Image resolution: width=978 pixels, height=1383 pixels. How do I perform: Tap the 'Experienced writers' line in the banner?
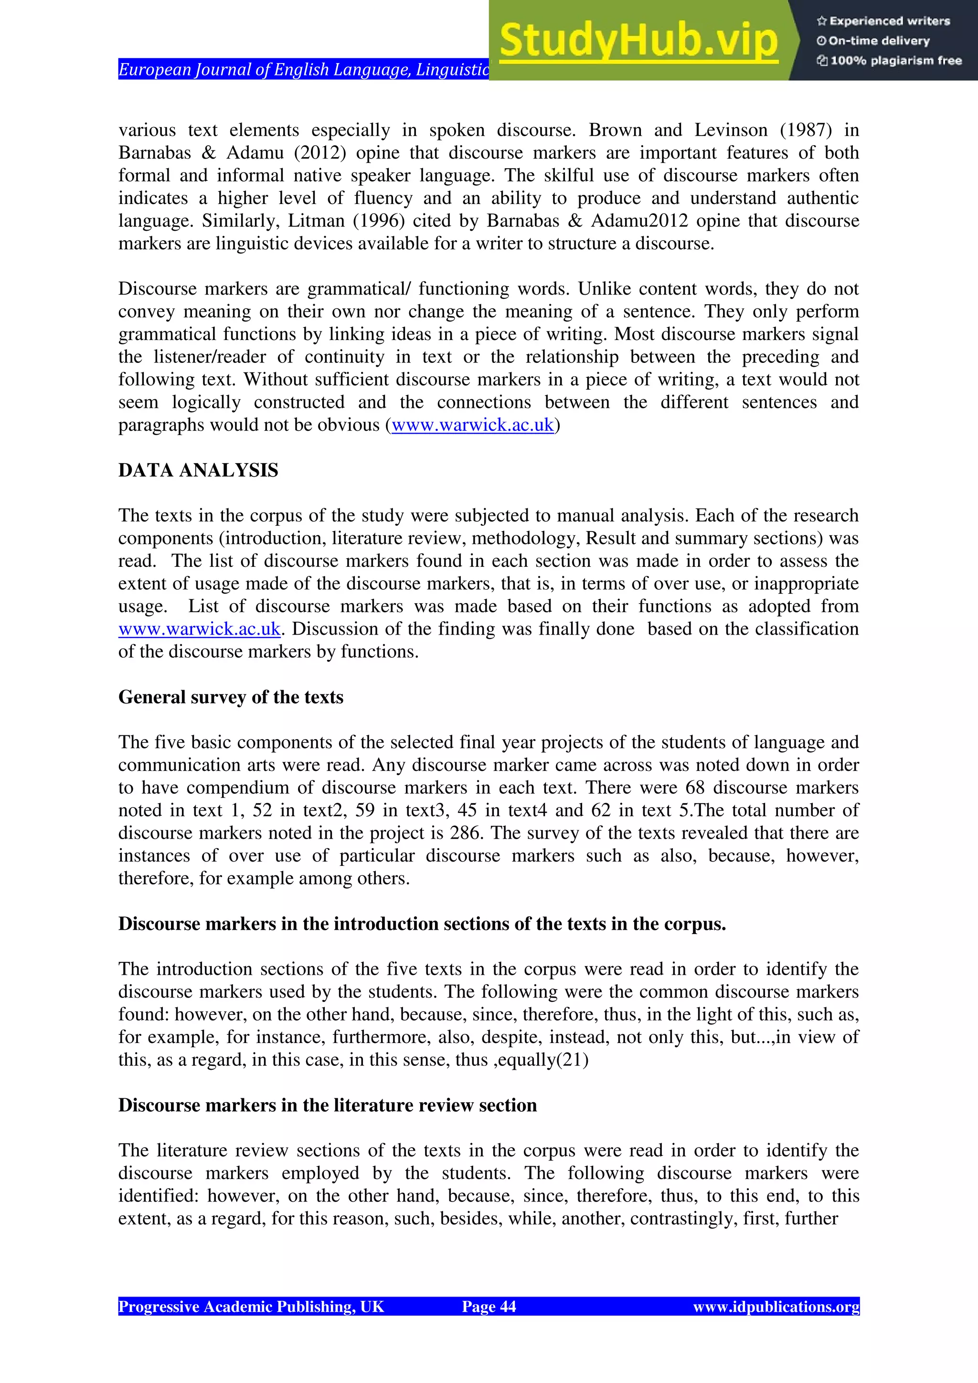point(883,21)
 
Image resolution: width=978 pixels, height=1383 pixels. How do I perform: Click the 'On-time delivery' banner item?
point(873,41)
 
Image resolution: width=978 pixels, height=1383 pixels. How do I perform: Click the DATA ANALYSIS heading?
point(198,470)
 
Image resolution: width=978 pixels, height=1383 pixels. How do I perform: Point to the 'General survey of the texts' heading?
point(231,697)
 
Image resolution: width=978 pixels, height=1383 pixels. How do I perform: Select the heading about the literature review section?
point(327,1106)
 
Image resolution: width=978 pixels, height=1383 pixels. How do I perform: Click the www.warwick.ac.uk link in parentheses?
point(473,425)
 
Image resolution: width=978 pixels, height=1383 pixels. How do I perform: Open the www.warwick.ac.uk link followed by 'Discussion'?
point(199,629)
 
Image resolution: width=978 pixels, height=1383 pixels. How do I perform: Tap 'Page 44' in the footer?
point(489,1307)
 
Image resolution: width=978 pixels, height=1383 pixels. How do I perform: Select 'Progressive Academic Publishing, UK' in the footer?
point(251,1307)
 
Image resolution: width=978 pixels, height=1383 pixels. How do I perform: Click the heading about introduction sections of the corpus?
point(422,924)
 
